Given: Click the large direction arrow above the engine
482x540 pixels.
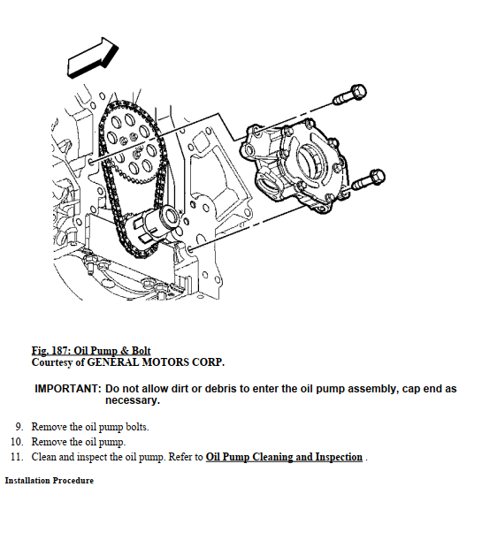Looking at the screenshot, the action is click(x=92, y=57).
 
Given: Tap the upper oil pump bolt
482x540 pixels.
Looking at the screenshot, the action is click(x=349, y=95).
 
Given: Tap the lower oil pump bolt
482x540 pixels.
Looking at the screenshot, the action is click(x=368, y=179).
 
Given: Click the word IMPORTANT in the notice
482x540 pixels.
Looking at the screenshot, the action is click(x=67, y=389).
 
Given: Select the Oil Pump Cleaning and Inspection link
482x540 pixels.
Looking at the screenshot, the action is click(x=284, y=457).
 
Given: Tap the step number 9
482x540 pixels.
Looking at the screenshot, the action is click(x=19, y=427).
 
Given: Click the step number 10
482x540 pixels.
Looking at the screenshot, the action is click(x=17, y=442).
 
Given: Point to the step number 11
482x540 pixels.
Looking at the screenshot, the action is click(x=17, y=457).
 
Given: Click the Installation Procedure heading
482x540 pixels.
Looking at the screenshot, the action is click(x=50, y=481).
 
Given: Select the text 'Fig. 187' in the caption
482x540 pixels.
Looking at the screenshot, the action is click(x=51, y=351).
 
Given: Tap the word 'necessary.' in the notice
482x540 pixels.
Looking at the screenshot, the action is click(x=133, y=400).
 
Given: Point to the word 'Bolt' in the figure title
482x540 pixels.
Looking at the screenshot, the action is click(x=142, y=351).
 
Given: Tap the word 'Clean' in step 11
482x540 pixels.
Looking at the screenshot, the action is click(x=43, y=457).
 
